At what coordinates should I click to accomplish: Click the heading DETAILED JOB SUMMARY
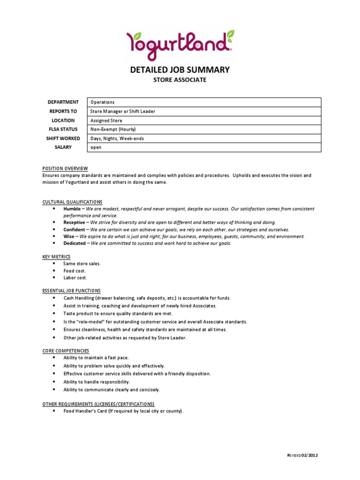(x=180, y=70)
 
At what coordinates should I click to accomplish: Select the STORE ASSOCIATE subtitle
(x=180, y=80)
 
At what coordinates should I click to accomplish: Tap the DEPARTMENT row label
(x=63, y=102)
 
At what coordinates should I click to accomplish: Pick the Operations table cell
(x=102, y=102)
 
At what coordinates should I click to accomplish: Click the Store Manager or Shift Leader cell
(x=123, y=112)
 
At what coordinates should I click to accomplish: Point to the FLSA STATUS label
(x=63, y=129)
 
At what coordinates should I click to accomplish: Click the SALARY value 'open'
(x=96, y=148)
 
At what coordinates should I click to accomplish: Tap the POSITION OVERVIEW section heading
(x=65, y=169)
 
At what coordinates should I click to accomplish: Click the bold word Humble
(x=72, y=209)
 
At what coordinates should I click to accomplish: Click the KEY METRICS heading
(x=56, y=257)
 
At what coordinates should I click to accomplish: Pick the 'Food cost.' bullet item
(x=75, y=271)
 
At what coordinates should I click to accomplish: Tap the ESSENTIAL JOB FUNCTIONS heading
(x=71, y=291)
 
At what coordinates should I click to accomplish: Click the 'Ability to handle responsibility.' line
(x=97, y=382)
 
